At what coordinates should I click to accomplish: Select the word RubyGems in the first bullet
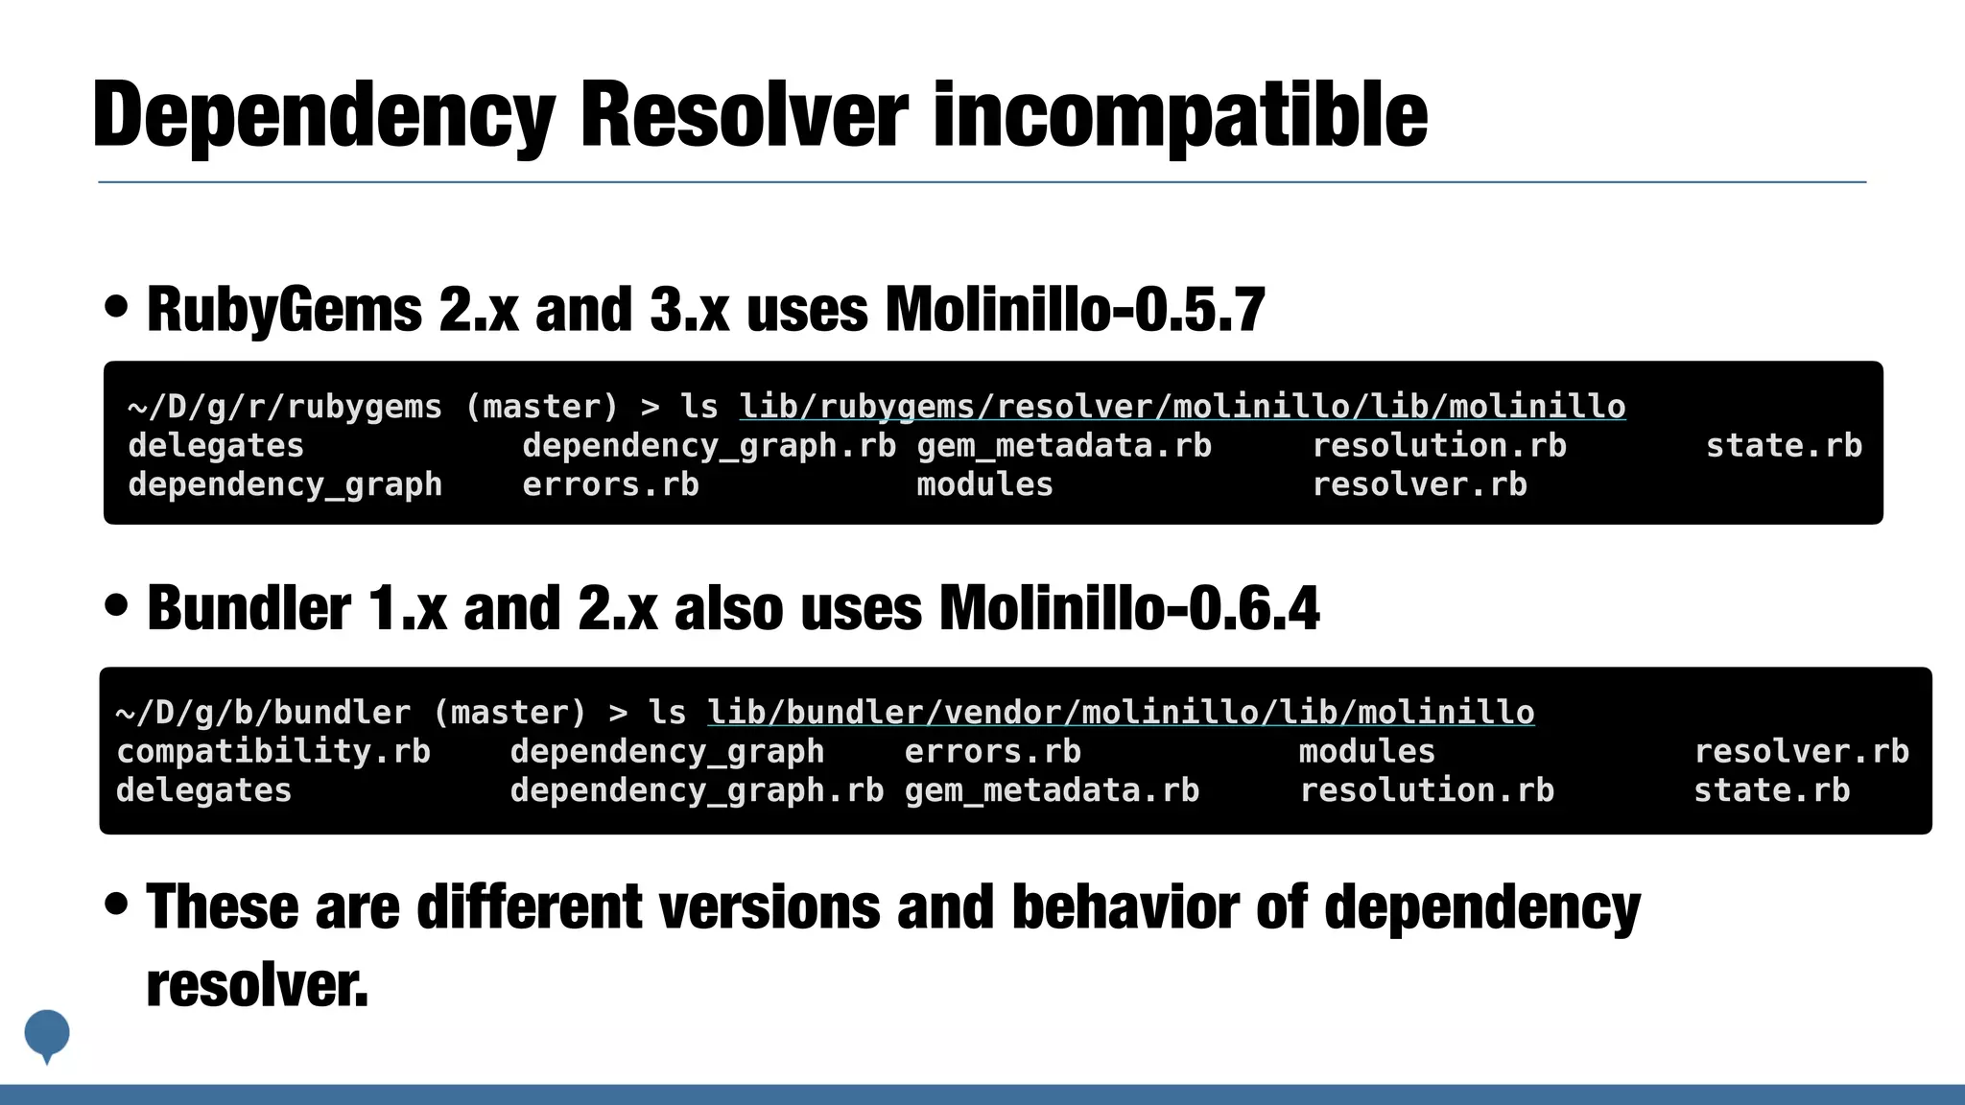284,310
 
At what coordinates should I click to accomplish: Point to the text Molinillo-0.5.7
1075,310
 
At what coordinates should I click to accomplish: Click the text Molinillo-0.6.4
1129,608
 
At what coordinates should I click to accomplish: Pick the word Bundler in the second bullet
249,608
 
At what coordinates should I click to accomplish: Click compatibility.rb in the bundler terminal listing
273,751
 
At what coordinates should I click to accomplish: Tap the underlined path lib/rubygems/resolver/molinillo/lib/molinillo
1182,407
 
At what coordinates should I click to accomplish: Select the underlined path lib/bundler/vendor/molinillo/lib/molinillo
1121,713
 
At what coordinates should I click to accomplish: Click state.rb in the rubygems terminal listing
1784,446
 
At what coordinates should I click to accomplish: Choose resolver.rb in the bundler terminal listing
1801,751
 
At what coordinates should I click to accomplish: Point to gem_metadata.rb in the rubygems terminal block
1064,446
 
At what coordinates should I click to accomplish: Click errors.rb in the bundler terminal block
992,751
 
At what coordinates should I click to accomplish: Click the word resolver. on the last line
257,985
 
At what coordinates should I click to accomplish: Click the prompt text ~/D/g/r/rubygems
285,407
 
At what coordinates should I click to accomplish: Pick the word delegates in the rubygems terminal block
216,446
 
